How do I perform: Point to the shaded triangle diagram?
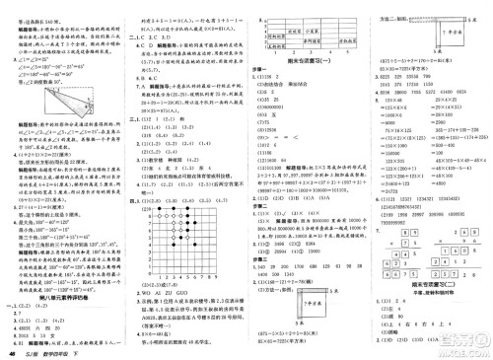(38, 102)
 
